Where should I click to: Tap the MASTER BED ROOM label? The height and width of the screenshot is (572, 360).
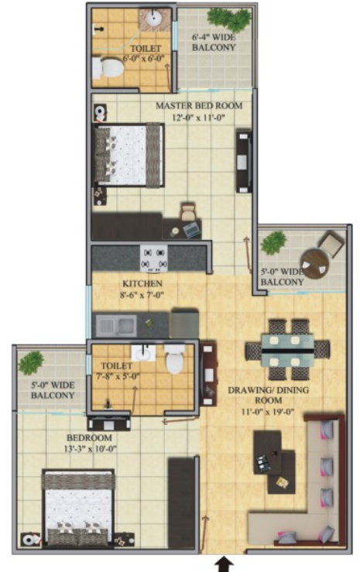199,105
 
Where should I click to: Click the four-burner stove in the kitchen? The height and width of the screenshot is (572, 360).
153,258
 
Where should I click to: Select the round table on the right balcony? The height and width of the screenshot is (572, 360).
314,264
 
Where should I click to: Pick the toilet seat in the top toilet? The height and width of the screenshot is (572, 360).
108,70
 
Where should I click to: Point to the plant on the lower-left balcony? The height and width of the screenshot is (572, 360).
31,362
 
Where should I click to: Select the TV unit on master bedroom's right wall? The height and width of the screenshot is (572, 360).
244,160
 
